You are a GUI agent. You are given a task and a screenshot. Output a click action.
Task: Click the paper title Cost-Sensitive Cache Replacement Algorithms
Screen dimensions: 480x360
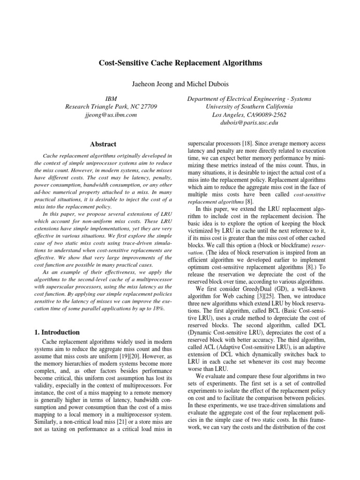click(180, 62)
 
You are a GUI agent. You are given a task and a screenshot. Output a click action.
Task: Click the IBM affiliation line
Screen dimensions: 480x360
click(111, 99)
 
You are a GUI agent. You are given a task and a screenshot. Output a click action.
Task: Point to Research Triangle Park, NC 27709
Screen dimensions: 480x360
click(111, 107)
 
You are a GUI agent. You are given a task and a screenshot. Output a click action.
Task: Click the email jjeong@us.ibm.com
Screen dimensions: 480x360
click(111, 115)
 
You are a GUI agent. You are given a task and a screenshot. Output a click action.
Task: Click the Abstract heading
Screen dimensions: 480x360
click(103, 144)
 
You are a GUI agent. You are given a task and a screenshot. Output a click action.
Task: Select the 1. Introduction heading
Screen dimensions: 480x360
click(57, 332)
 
